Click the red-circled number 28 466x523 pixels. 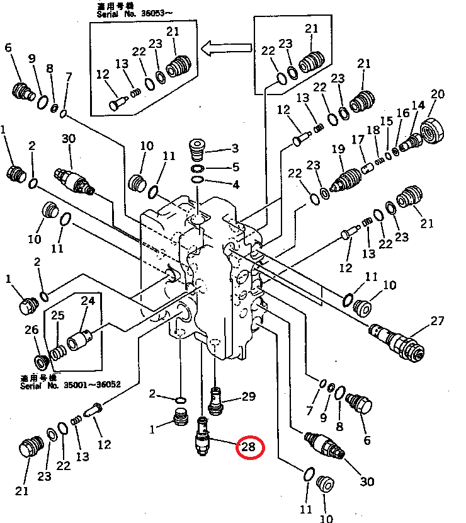249,448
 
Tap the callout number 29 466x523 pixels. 249,396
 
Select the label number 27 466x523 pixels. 438,321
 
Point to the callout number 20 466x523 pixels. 438,95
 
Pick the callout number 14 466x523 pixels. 419,105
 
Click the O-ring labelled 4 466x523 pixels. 198,181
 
